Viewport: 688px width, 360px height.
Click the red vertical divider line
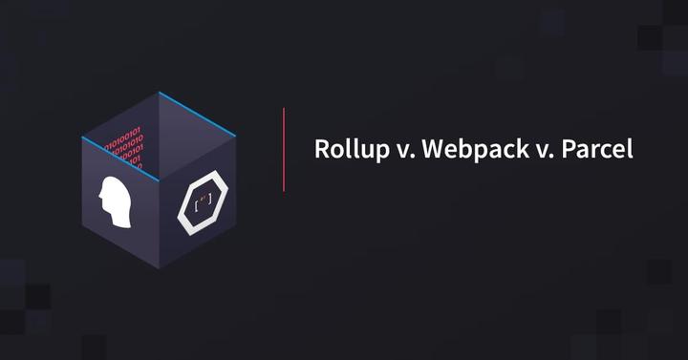coord(284,149)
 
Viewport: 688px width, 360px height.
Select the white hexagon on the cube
coord(203,201)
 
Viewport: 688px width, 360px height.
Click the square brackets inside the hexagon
coord(203,203)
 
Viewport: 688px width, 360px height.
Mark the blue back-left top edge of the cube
coord(119,115)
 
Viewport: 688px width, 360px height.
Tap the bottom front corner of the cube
coord(159,268)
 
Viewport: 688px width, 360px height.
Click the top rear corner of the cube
coord(158,92)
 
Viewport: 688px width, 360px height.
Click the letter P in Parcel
coord(566,150)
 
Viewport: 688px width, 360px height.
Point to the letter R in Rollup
coord(322,150)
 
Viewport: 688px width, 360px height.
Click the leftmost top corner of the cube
coord(81,138)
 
